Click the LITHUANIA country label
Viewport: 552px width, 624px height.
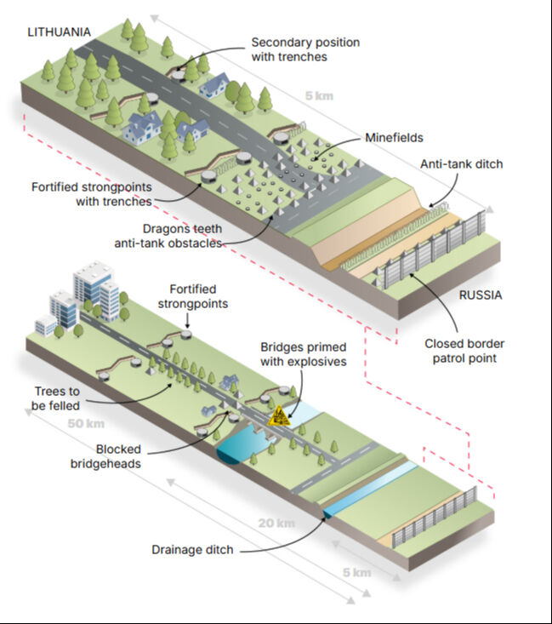[x=59, y=32]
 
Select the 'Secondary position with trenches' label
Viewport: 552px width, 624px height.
[x=304, y=49]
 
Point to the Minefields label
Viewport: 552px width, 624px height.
[x=394, y=137]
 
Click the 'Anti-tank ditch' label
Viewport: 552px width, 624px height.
[x=461, y=164]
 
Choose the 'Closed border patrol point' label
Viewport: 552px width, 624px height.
[x=464, y=352]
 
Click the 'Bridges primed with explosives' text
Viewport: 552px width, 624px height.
[x=304, y=353]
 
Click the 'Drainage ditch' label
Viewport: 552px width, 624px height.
[x=191, y=549]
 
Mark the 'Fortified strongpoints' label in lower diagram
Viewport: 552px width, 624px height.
[x=198, y=296]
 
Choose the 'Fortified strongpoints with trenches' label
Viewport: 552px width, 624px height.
[x=91, y=194]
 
